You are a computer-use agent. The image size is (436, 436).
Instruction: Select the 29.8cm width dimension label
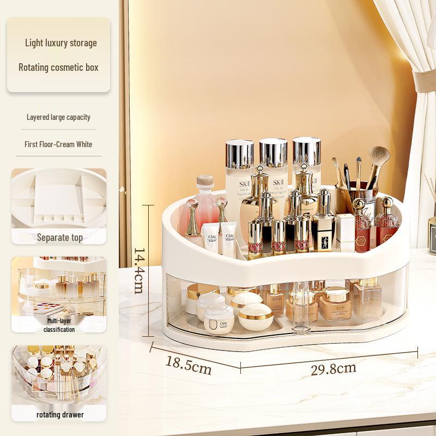pos(333,369)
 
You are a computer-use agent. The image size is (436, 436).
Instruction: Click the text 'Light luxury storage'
pos(60,43)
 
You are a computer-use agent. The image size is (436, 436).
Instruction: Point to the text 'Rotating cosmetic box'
pos(58,68)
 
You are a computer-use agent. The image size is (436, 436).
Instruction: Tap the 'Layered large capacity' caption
pos(58,117)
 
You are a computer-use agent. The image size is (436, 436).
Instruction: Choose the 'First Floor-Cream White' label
pos(58,144)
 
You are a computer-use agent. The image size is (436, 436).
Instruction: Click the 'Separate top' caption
pos(59,237)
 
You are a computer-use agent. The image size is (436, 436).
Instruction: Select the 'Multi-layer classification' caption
pos(59,325)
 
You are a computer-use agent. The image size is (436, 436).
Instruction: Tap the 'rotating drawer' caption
pos(59,415)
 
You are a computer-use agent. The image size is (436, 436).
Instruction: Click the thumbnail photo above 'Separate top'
pos(59,198)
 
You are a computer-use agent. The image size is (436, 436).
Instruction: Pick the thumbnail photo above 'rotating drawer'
pos(59,376)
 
